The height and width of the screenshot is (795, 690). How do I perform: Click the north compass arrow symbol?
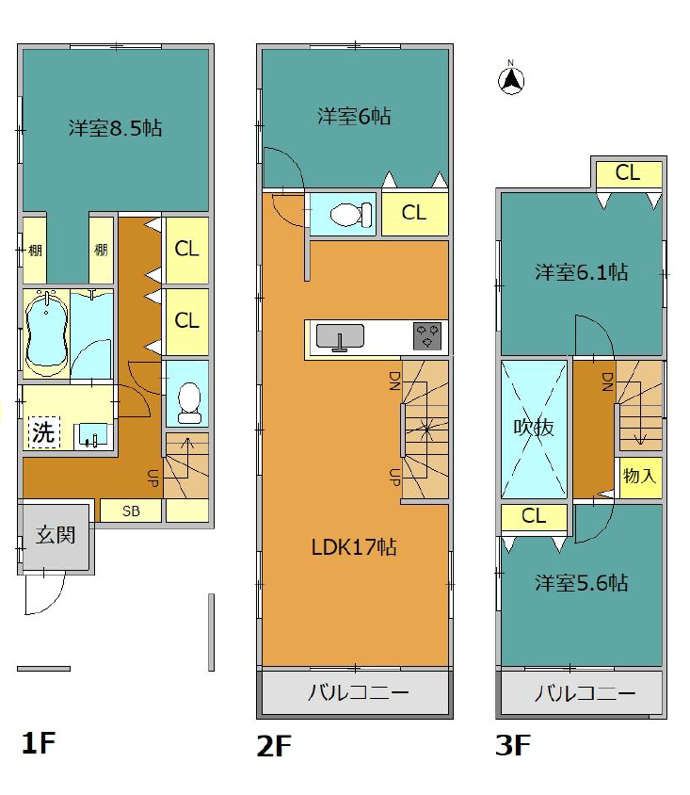510,79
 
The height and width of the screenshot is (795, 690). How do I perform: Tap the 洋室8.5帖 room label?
116,128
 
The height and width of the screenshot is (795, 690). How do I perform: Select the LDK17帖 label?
354,547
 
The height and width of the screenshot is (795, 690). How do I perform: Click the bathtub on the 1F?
46,333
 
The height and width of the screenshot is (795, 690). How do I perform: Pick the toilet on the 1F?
189,402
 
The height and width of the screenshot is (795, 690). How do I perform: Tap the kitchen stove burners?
428,336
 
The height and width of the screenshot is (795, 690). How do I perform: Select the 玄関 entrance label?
56,535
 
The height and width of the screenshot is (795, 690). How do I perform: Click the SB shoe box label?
131,511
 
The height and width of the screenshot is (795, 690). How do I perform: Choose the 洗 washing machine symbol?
43,432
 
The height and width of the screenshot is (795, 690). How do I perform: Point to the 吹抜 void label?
534,428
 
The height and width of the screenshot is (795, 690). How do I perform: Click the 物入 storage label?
639,476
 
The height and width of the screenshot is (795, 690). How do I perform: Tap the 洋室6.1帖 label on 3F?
581,273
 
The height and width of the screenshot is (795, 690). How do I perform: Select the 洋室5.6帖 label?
581,583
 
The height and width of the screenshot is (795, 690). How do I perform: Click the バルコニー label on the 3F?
586,693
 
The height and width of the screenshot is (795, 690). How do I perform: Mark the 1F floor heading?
38,743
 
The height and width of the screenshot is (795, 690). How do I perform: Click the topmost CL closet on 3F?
629,174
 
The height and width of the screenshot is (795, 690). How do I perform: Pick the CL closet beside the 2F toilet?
415,213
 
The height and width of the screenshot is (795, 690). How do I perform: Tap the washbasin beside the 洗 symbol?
92,436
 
